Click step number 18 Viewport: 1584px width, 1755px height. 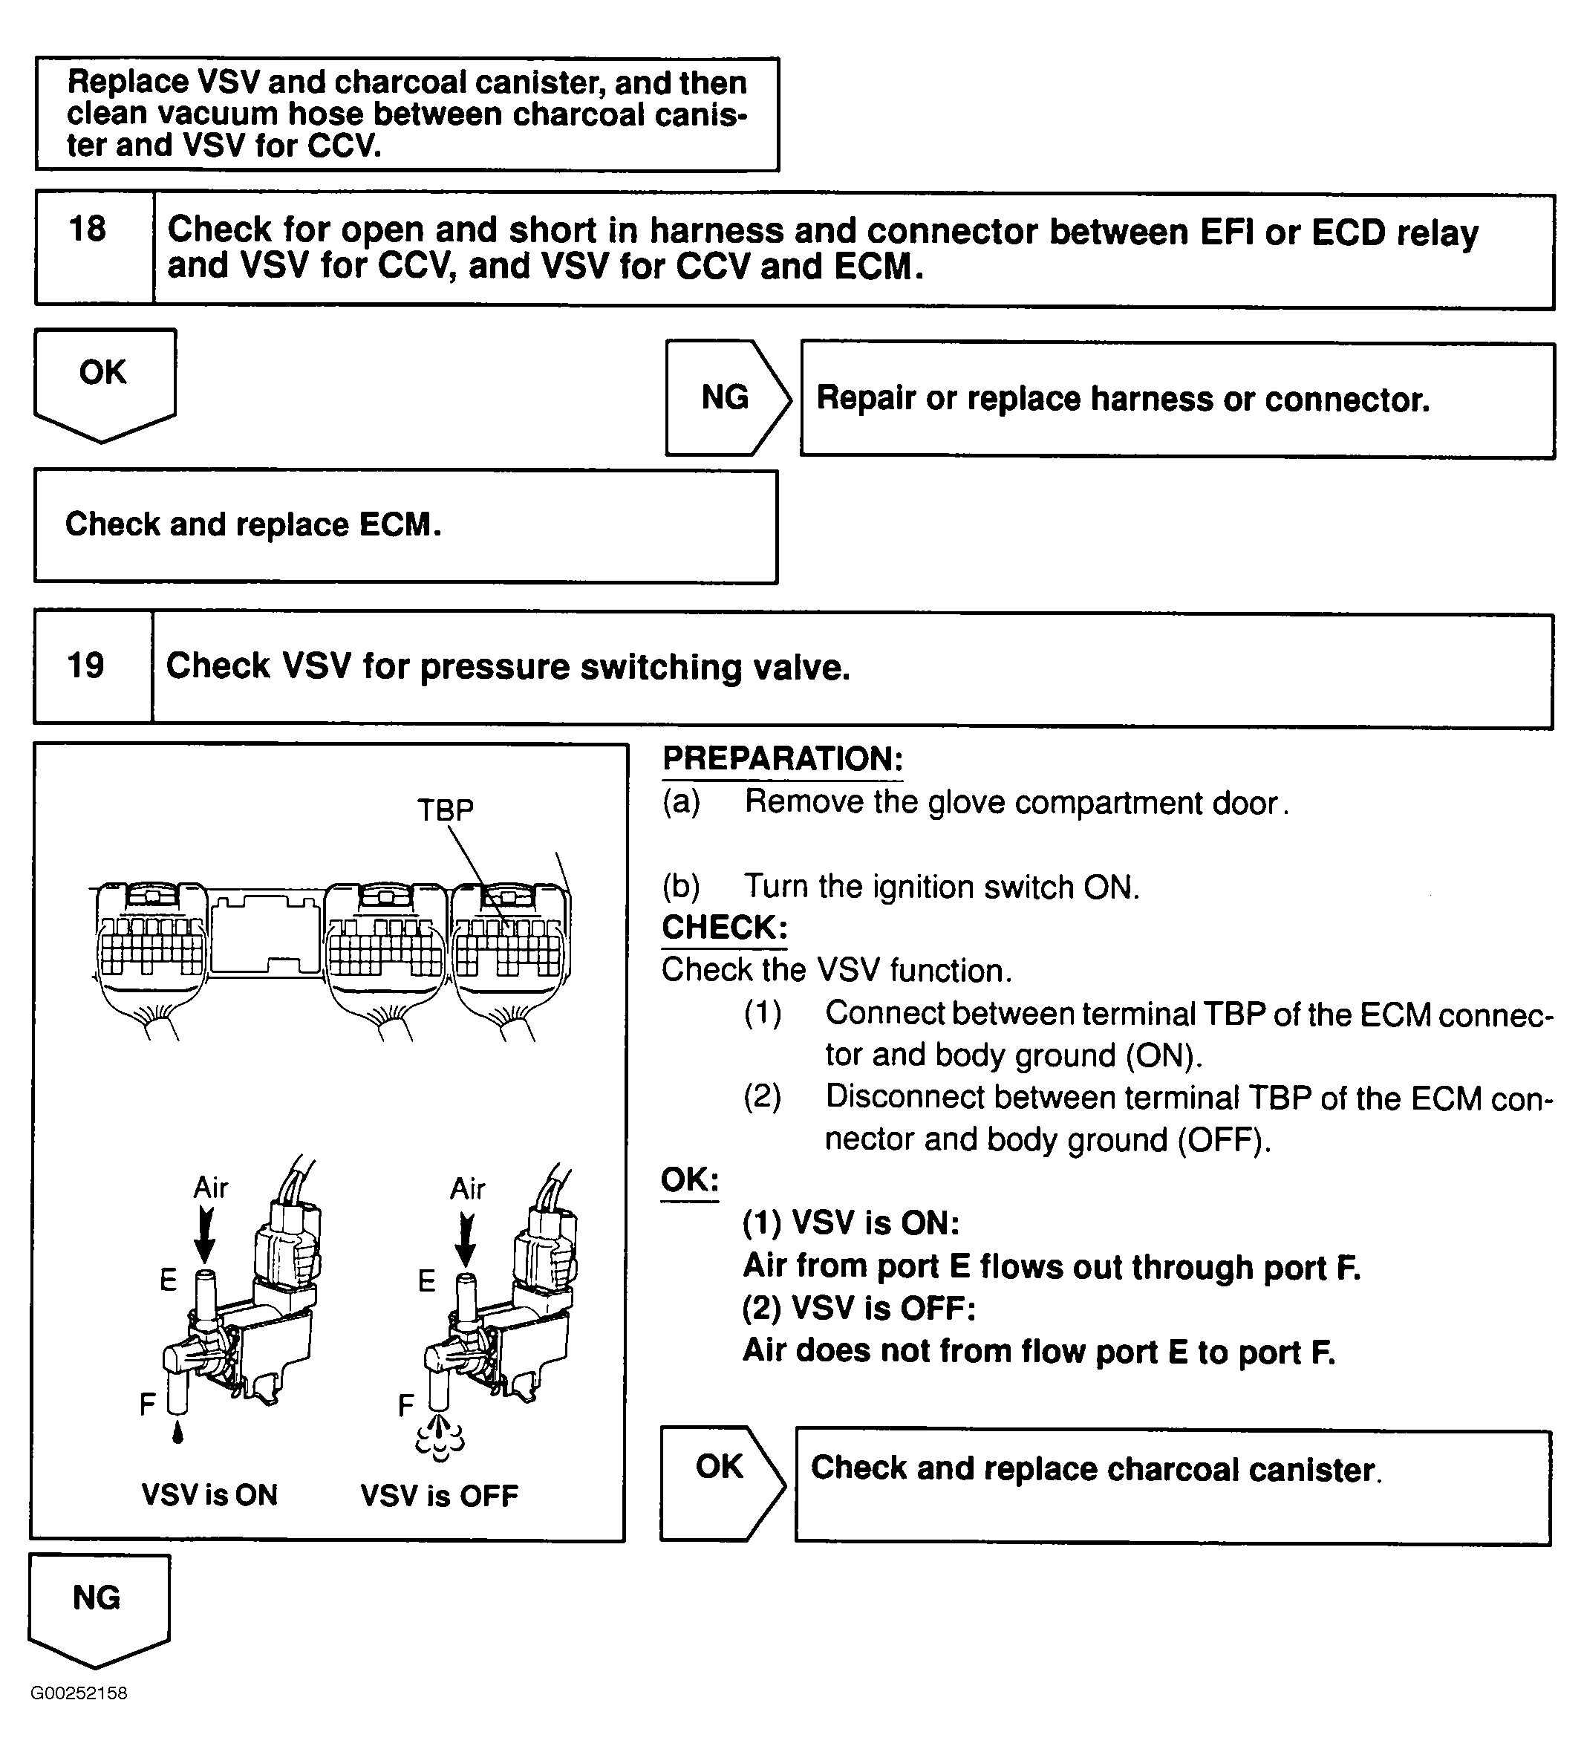87,229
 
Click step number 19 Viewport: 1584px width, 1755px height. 85,665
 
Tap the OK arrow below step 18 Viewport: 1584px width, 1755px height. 103,381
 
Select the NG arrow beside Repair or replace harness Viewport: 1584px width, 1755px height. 726,398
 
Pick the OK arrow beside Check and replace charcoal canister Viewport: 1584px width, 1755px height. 719,1467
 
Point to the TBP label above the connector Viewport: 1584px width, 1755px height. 446,810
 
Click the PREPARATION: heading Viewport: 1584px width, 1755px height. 783,758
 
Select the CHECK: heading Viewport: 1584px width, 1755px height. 724,926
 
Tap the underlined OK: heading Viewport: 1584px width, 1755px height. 689,1179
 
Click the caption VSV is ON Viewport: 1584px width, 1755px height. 209,1495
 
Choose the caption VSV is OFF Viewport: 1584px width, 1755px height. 439,1496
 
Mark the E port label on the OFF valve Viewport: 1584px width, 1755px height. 426,1280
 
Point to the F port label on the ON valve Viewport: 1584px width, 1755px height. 148,1403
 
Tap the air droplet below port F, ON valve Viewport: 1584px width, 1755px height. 178,1433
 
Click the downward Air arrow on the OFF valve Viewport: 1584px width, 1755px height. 466,1238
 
